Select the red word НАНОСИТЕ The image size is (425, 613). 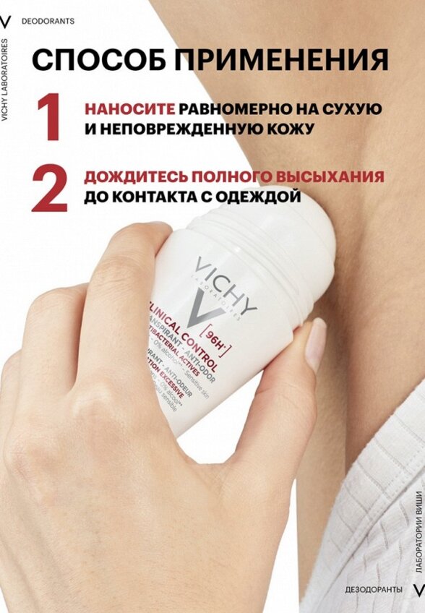(x=129, y=109)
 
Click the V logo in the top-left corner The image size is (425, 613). (x=7, y=21)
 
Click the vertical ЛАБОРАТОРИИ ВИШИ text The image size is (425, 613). (x=418, y=531)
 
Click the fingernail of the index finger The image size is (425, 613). (x=316, y=345)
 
